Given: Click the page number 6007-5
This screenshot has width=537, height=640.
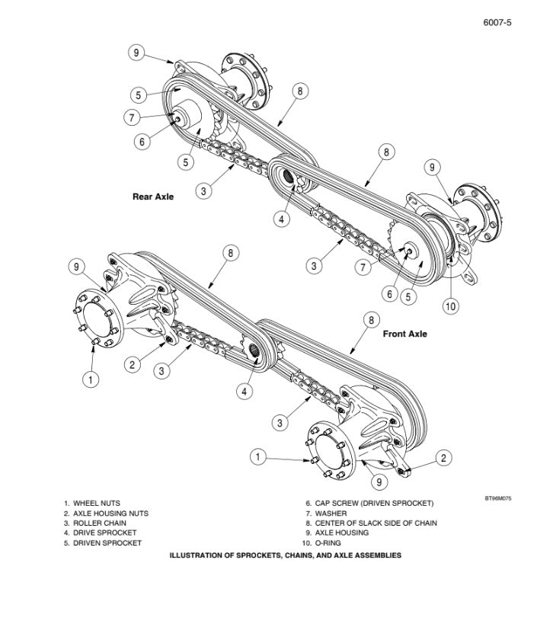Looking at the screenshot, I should pos(497,23).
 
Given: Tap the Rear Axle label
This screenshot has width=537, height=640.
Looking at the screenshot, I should pos(153,197).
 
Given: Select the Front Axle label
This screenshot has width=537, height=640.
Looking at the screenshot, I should pos(404,334).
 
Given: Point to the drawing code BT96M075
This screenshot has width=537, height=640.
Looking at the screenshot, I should pos(497,498).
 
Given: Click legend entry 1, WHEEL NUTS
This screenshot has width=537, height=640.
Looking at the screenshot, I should pos(92,504).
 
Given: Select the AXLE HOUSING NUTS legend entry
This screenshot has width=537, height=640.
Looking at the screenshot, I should pos(106,514).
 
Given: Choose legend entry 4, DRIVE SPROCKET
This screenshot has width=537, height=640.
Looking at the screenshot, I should pos(100,533).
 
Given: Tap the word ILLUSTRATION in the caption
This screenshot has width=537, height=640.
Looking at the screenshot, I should pos(197,556).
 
